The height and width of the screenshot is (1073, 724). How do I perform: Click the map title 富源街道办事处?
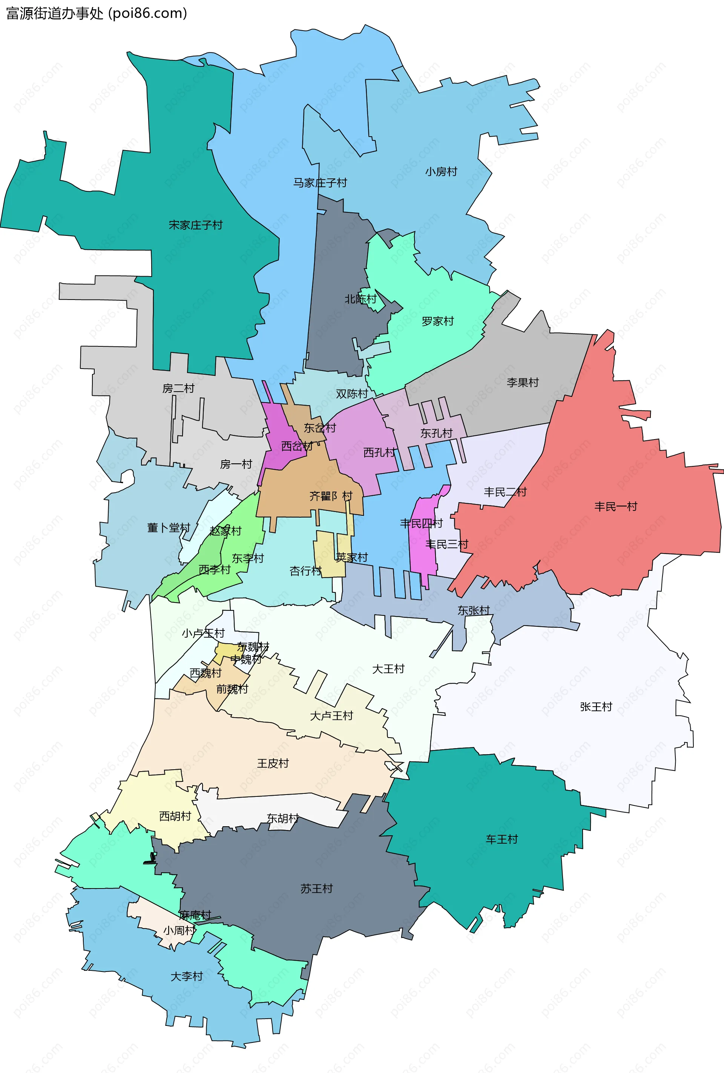(x=54, y=13)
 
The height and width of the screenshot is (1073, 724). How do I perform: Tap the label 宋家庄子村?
(x=196, y=225)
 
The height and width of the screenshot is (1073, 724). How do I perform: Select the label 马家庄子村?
(x=320, y=183)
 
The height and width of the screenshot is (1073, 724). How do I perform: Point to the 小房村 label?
(x=441, y=172)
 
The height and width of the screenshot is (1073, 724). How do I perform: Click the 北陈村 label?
(x=360, y=299)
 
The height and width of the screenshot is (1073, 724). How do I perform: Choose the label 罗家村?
(x=437, y=321)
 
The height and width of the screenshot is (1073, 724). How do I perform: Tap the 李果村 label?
(x=522, y=382)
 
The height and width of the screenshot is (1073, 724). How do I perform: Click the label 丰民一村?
(x=615, y=506)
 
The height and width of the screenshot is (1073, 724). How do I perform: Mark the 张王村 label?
(x=596, y=707)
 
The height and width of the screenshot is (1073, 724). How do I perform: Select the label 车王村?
(x=502, y=839)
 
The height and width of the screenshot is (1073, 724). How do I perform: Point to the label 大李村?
(x=187, y=976)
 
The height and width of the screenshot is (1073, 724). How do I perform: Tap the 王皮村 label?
(x=273, y=764)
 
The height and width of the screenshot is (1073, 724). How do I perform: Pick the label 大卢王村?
(x=331, y=716)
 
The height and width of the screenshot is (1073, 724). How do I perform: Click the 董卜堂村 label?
(x=169, y=528)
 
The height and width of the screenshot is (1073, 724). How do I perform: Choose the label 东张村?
(x=474, y=610)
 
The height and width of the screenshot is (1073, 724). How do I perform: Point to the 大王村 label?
(x=388, y=669)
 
